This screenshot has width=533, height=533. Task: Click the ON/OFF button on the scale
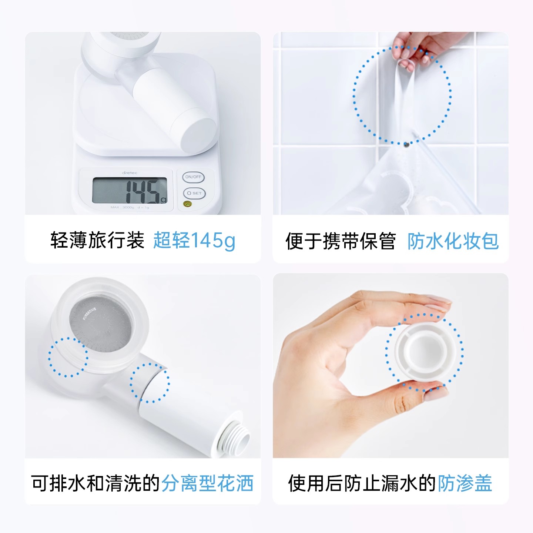(193, 177)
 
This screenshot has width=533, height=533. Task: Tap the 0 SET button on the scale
(194, 193)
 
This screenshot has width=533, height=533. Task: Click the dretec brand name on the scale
(130, 173)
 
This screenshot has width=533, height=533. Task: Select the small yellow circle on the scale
(188, 204)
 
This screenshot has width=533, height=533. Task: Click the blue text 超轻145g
(194, 240)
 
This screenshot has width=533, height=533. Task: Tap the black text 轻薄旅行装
(97, 240)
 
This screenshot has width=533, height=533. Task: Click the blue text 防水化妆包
(453, 241)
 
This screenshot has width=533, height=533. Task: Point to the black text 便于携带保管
(341, 241)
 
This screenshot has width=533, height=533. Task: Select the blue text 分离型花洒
(207, 483)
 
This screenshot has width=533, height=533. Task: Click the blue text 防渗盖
(465, 483)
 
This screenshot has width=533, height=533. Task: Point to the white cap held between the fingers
(424, 352)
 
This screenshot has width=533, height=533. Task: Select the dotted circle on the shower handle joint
(150, 383)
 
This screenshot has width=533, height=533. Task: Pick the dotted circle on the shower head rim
(68, 357)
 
